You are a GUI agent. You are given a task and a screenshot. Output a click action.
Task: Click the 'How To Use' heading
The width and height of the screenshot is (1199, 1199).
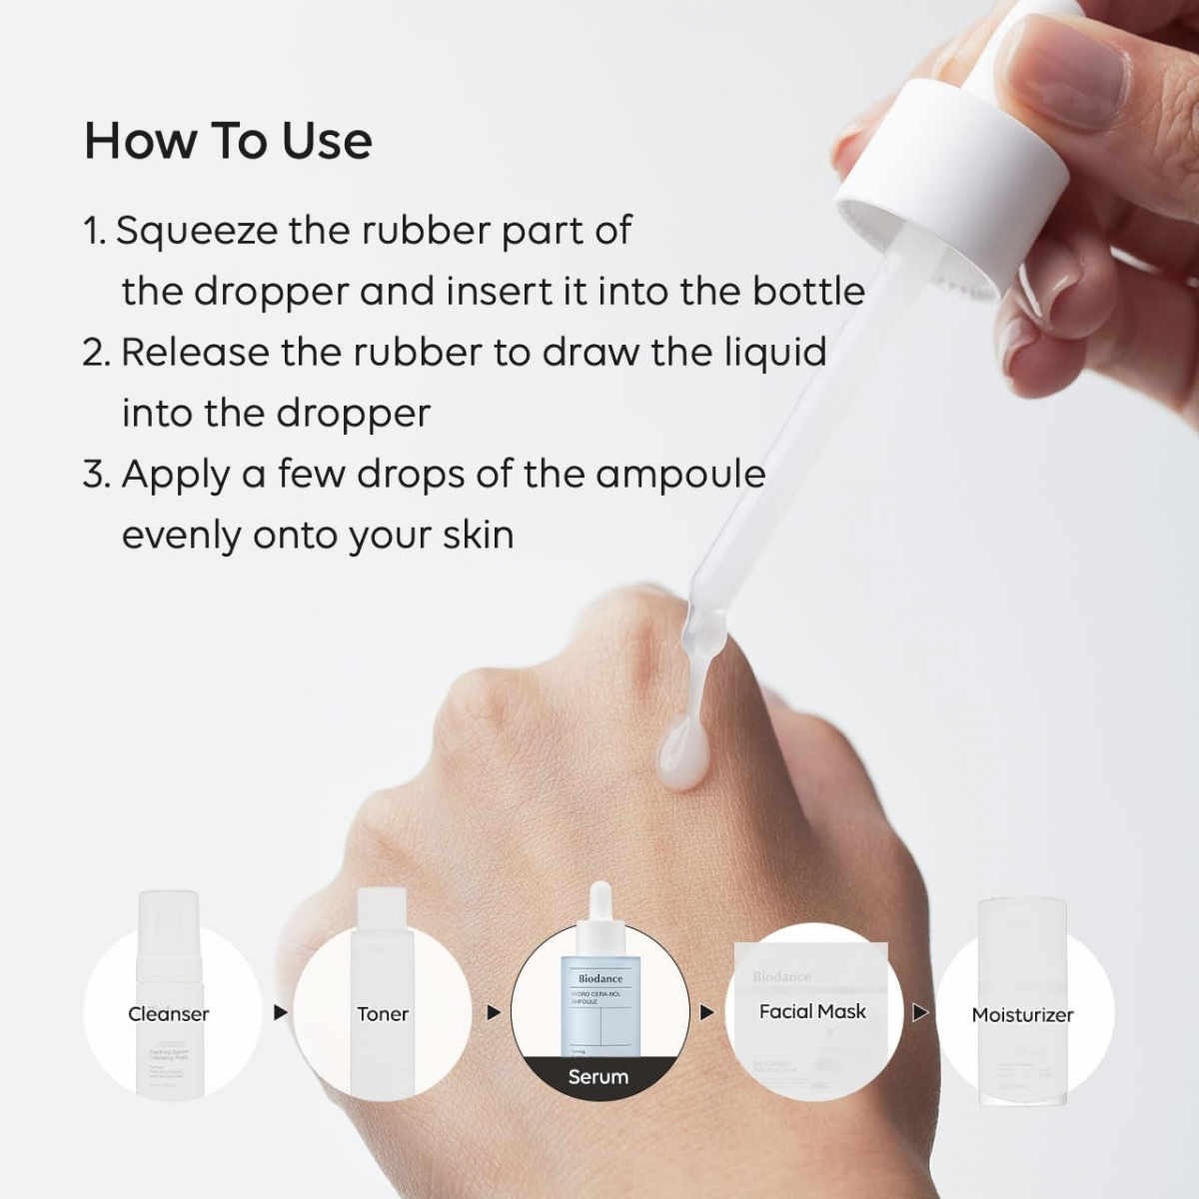(x=228, y=140)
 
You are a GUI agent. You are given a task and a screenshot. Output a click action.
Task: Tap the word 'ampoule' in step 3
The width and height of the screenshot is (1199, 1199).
(x=680, y=476)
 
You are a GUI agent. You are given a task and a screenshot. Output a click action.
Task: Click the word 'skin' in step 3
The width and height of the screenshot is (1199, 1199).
(x=479, y=536)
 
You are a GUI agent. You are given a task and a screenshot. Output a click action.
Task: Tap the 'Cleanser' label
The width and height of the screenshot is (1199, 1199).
(x=169, y=1014)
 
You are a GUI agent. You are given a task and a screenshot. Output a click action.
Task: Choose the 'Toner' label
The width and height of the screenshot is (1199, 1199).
(x=383, y=1014)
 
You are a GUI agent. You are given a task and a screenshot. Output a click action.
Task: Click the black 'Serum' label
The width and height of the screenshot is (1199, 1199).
(x=599, y=1077)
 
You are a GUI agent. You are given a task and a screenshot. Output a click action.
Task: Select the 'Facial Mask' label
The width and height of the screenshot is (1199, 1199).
(x=812, y=1011)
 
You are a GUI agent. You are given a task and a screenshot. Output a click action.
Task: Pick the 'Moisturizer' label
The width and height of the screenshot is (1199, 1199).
(x=1022, y=1015)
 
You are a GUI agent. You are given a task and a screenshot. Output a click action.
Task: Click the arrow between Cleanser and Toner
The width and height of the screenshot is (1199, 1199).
(x=281, y=1013)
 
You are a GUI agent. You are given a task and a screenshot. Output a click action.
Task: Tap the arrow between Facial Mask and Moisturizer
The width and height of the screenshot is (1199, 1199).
(x=920, y=1013)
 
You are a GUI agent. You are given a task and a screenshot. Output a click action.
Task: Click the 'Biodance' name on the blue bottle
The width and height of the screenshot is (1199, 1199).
(x=599, y=979)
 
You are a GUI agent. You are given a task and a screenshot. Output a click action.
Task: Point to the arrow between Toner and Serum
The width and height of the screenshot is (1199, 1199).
(x=494, y=1013)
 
